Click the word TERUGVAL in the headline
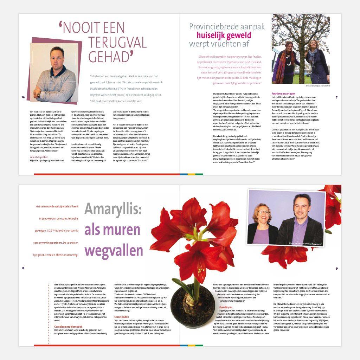pos(117,42)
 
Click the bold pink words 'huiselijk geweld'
pos(224,35)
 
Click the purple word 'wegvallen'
pos(114,250)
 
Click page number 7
pos(336,97)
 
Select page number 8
pos(23,268)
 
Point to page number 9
pos(336,268)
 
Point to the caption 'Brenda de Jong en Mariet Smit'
pos(318,85)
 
